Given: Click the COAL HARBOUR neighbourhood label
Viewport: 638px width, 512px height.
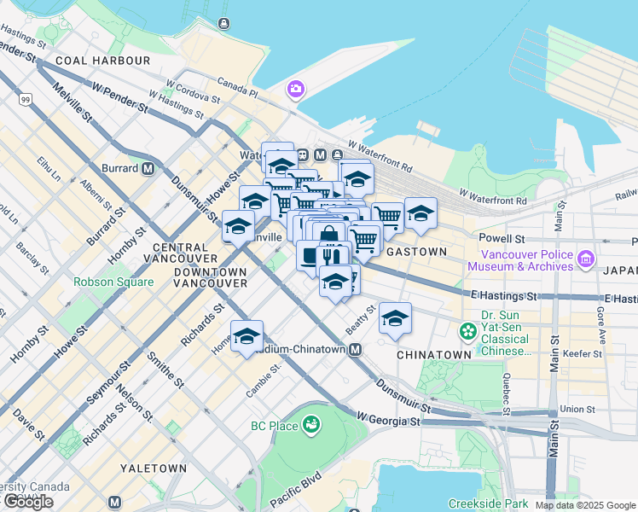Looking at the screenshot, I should pyautogui.click(x=102, y=61).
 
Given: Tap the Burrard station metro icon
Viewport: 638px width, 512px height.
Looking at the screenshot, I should pyautogui.click(x=148, y=168).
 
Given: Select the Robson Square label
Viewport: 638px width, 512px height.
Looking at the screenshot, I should pyautogui.click(x=113, y=282).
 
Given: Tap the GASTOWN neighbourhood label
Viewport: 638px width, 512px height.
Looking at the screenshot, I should pyautogui.click(x=416, y=253).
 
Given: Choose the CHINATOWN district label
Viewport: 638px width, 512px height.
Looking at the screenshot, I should pyautogui.click(x=433, y=354).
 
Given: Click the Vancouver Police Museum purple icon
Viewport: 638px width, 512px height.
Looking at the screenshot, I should pyautogui.click(x=585, y=259).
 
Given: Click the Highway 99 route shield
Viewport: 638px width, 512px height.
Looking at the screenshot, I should pyautogui.click(x=26, y=101).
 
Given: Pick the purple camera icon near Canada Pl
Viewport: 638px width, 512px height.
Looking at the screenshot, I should pyautogui.click(x=296, y=88).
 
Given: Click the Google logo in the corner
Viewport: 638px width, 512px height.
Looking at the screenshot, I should pyautogui.click(x=28, y=502).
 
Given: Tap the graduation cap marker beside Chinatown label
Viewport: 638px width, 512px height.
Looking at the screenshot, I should pyautogui.click(x=395, y=319).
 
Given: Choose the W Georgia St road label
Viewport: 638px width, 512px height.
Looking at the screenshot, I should pyautogui.click(x=389, y=420).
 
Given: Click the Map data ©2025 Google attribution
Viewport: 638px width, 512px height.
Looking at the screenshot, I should pyautogui.click(x=584, y=505).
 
